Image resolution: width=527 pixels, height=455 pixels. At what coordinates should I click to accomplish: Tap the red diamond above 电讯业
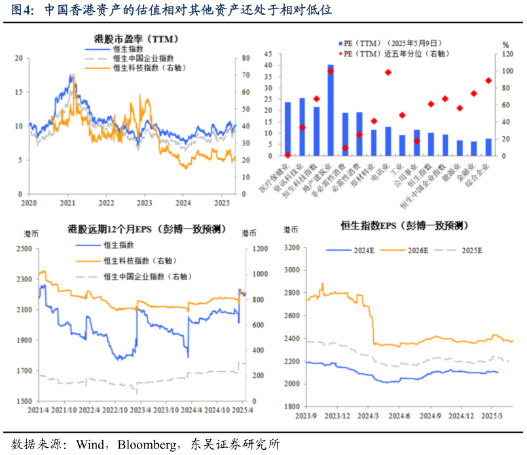pyautogui.click(x=388, y=72)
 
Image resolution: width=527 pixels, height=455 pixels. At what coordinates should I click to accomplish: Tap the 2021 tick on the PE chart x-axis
pyautogui.click(x=67, y=203)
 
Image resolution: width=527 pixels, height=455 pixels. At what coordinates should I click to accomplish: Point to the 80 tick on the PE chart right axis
pyautogui.click(x=245, y=58)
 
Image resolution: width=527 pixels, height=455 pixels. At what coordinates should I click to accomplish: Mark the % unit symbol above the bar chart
pyautogui.click(x=505, y=45)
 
